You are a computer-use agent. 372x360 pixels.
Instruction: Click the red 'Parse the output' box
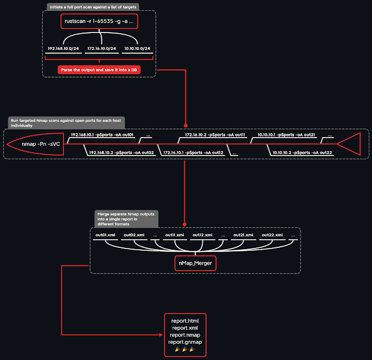(99, 70)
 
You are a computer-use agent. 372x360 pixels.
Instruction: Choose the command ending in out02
(121, 152)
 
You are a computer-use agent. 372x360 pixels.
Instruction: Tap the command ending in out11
(215, 135)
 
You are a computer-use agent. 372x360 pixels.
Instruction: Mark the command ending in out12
(193, 152)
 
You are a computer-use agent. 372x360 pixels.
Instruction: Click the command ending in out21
(286, 135)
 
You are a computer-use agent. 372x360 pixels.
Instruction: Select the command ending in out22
(302, 152)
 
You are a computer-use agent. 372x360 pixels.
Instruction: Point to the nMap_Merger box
(195, 264)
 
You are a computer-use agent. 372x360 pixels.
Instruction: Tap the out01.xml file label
(105, 235)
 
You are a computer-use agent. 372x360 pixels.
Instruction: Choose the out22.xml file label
(272, 235)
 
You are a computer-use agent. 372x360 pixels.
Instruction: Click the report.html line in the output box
(184, 321)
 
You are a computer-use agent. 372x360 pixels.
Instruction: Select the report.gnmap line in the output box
(184, 342)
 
